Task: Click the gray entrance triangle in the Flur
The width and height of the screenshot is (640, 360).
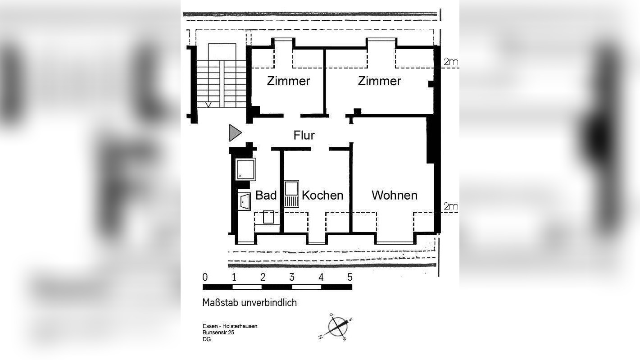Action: coord(235,133)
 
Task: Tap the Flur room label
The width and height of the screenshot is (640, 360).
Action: coord(304,135)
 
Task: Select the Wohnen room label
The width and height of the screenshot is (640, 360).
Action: coord(394,195)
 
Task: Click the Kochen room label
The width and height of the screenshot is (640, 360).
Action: coord(322,195)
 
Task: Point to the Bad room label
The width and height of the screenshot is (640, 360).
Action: coord(266,195)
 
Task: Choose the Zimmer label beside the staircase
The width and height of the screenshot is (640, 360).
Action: coord(288,81)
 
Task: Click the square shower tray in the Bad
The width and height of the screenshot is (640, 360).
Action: coord(246,169)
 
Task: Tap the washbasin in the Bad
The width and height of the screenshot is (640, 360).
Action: coord(244,202)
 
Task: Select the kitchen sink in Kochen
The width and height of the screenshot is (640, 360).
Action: coord(292,194)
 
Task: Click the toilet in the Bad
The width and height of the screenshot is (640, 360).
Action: coord(268,218)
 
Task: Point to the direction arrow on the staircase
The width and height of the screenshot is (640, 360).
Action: coord(208,105)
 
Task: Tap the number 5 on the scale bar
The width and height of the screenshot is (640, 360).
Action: coord(350,277)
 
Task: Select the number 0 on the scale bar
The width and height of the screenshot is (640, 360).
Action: coord(205,277)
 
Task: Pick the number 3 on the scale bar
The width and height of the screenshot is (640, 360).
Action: coord(292,277)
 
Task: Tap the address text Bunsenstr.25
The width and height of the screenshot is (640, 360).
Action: coord(218,333)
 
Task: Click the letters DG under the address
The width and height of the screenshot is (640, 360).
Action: coord(207,339)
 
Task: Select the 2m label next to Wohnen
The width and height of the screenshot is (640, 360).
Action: coord(450,207)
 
